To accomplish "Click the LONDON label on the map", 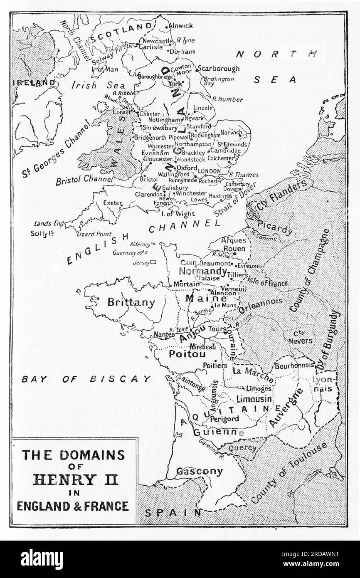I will [210, 171].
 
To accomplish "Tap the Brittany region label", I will [131, 302].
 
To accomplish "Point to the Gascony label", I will [200, 471].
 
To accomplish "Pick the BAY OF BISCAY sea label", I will [86, 379].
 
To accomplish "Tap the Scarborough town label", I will [218, 69].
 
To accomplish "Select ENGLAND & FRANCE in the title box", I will [73, 506].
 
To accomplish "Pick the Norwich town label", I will [231, 133].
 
